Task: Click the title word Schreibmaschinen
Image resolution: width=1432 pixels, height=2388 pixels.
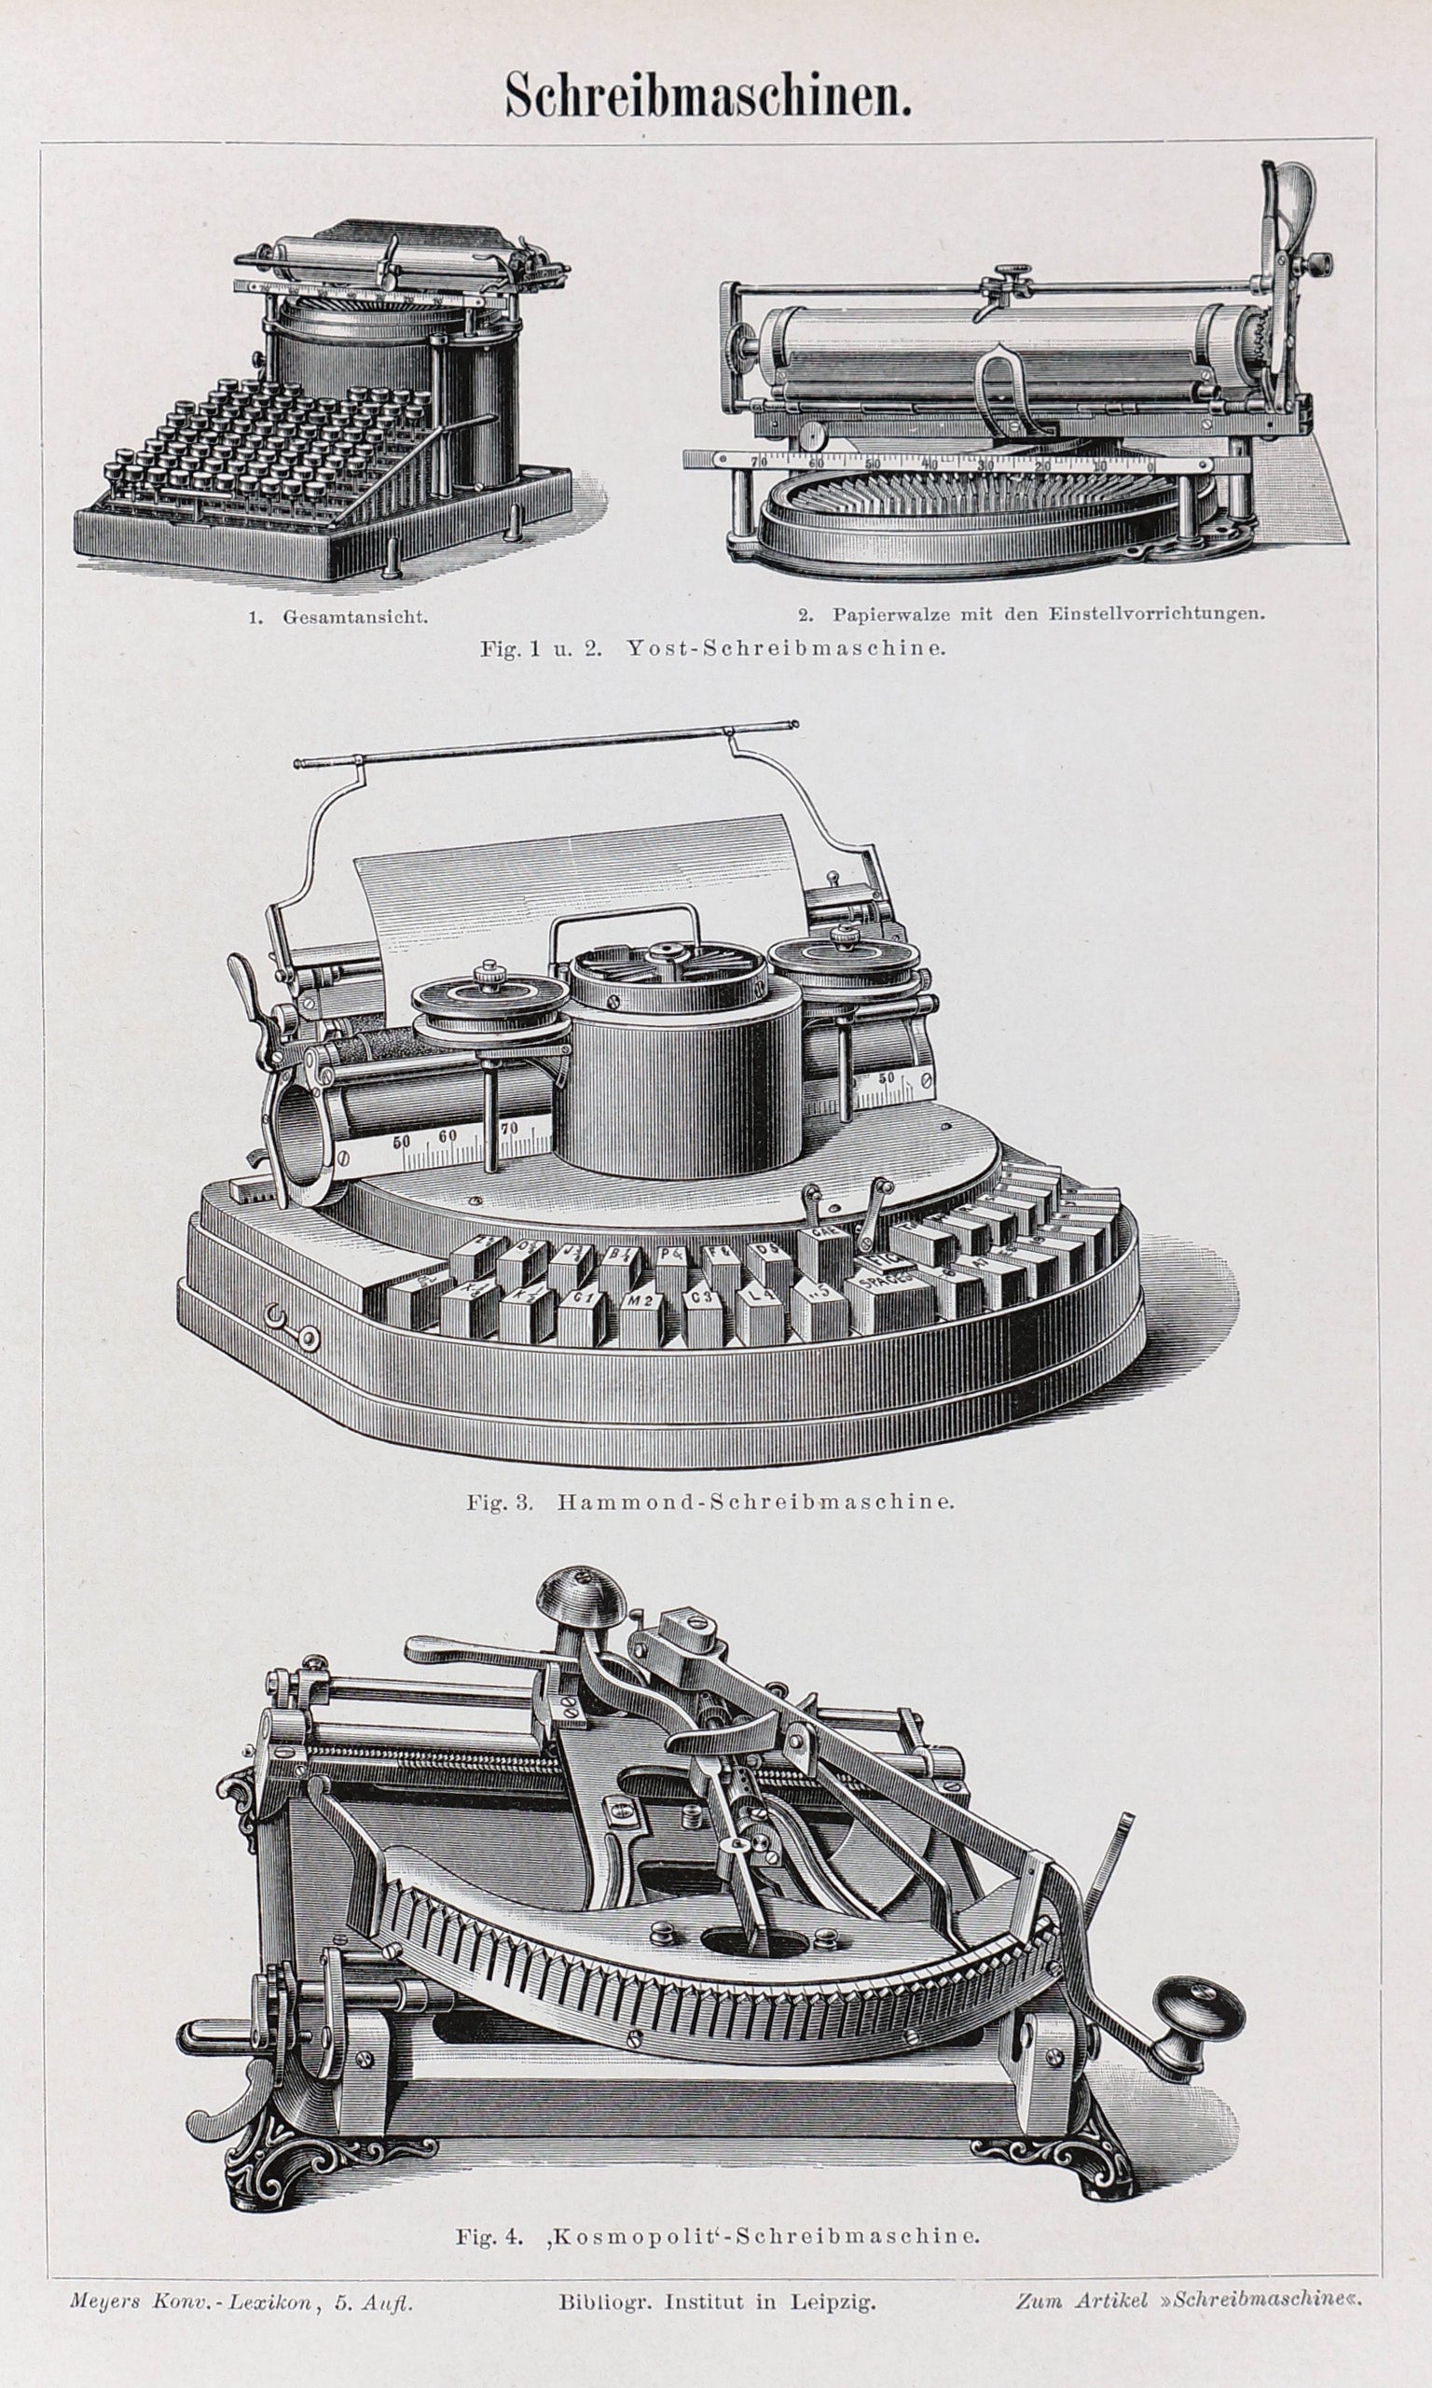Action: pos(709,98)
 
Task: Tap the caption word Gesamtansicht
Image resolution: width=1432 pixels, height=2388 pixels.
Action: pos(354,616)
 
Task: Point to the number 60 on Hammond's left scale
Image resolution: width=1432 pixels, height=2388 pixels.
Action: pos(446,1136)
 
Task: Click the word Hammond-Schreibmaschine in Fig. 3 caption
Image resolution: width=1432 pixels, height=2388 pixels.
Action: pos(755,1502)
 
